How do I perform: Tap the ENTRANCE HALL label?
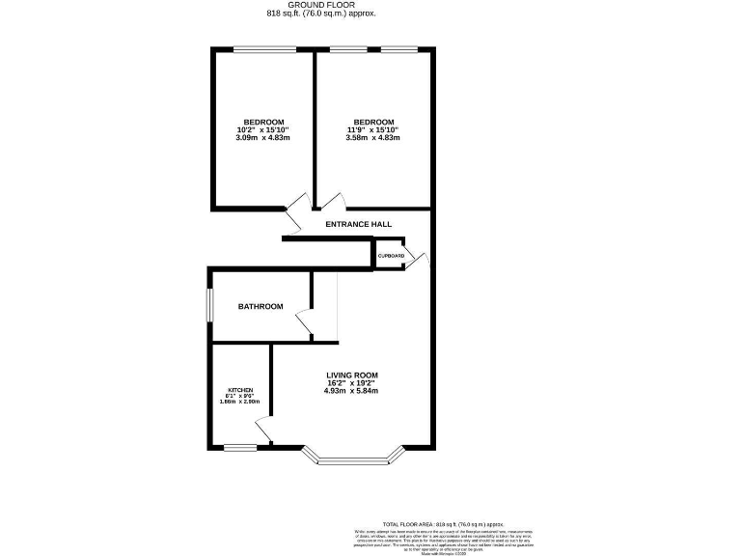tap(358, 224)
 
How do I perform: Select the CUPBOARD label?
tap(391, 256)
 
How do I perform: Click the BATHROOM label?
tap(261, 307)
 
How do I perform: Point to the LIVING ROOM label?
tap(351, 375)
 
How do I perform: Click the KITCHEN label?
tap(240, 390)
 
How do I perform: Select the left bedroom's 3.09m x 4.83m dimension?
tap(262, 138)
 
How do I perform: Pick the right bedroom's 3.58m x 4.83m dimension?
tap(372, 138)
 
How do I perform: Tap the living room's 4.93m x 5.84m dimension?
tap(351, 391)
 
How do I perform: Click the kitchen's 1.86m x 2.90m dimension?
tap(240, 402)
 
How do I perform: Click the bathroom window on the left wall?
tap(209, 307)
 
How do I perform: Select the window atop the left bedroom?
tap(264, 49)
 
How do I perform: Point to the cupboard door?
tap(418, 259)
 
